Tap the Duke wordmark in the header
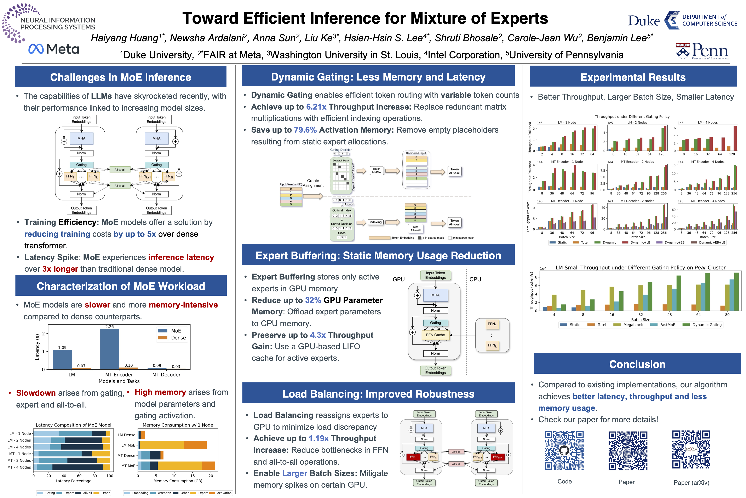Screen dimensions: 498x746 click(644, 21)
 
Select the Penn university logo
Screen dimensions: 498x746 click(702, 51)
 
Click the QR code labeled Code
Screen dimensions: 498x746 click(564, 450)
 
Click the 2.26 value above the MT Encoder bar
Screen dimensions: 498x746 click(109, 326)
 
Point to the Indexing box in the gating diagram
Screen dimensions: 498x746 click(375, 222)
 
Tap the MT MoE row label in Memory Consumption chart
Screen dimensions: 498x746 click(128, 466)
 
